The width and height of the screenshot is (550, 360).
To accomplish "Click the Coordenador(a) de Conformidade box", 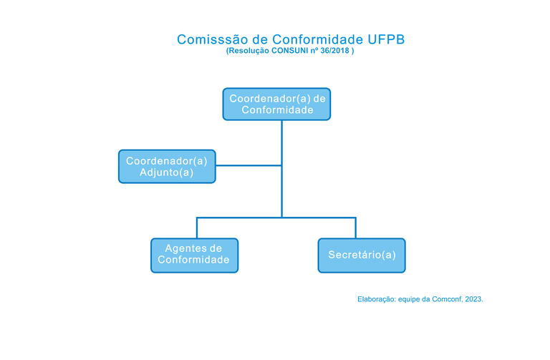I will tap(276, 104).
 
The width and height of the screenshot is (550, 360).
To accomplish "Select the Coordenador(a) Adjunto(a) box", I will tap(166, 167).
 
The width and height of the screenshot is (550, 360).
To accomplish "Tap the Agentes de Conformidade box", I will tap(194, 255).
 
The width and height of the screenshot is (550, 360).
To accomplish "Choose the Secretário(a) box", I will tap(361, 256).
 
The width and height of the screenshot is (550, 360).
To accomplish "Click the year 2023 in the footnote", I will tap(473, 299).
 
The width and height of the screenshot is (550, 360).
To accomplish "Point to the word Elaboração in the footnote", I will tap(376, 299).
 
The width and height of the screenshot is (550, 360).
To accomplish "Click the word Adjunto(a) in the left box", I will tap(166, 173).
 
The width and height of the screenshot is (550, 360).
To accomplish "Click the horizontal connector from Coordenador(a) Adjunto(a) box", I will tap(248, 166).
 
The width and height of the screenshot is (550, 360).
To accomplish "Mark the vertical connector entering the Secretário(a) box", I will tap(355, 228).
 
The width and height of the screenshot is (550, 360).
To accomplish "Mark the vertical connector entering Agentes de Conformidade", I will tap(197, 228).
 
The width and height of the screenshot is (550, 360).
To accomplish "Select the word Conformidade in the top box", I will tap(277, 110).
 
